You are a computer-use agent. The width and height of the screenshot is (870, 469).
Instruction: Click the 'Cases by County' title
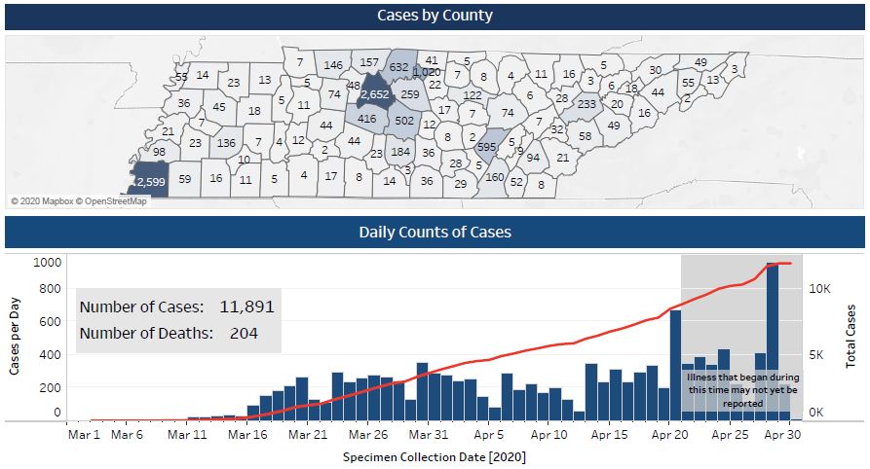click(435, 16)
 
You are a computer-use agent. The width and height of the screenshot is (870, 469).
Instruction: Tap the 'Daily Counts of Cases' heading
click(435, 232)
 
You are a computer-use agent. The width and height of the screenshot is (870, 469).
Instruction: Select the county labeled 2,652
click(375, 94)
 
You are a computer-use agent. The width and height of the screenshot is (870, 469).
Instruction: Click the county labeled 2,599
click(150, 182)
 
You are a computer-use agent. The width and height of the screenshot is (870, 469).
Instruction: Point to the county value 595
click(486, 146)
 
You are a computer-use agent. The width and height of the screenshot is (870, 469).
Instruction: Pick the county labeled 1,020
click(427, 73)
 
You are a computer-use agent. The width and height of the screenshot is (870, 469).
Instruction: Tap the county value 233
click(586, 104)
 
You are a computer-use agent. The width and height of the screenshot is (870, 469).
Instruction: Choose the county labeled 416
click(366, 119)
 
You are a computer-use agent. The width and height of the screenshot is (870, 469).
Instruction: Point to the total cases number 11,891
click(246, 307)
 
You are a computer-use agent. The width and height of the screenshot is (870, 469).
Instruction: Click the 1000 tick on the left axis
click(47, 262)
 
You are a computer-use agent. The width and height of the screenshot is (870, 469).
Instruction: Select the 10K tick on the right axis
click(819, 289)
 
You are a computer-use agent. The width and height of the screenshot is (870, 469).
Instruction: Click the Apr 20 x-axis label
click(669, 435)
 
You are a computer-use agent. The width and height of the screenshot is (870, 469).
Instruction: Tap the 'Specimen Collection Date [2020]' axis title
click(435, 455)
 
